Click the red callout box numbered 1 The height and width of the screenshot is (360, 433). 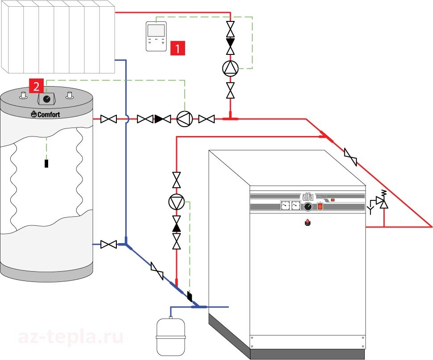(x=177, y=47)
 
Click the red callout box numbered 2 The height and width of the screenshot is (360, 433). (x=36, y=86)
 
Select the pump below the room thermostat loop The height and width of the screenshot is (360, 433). (x=231, y=68)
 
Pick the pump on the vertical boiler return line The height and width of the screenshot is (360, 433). (x=177, y=202)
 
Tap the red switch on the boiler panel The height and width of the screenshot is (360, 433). (x=320, y=207)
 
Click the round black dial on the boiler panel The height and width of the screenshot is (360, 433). (x=308, y=207)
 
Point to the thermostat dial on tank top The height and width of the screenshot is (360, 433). (x=46, y=99)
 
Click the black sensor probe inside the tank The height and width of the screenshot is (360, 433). (x=46, y=163)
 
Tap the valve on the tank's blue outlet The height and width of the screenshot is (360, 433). (x=108, y=244)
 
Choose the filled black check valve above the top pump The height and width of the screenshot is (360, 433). (x=231, y=43)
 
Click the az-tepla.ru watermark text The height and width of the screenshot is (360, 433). (x=70, y=338)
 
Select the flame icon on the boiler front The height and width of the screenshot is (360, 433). (x=307, y=222)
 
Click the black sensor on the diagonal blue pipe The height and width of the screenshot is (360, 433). (x=190, y=295)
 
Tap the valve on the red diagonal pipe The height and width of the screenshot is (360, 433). (x=351, y=157)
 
